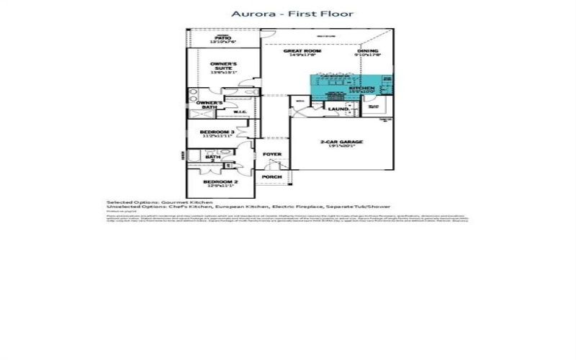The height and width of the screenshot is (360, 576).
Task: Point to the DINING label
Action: click(x=367, y=51)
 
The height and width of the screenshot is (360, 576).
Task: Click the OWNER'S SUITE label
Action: click(x=223, y=66)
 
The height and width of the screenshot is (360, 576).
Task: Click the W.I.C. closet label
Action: click(x=240, y=112)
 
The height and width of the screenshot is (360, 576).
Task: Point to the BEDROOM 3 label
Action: click(x=216, y=132)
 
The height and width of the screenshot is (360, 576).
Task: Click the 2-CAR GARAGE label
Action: click(x=341, y=142)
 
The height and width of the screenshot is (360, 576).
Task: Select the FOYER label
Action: click(x=271, y=154)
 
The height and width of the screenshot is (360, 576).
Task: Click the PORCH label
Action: click(x=271, y=176)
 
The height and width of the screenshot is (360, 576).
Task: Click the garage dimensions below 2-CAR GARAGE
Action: click(x=341, y=147)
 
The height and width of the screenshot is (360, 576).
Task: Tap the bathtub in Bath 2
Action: click(x=195, y=156)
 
